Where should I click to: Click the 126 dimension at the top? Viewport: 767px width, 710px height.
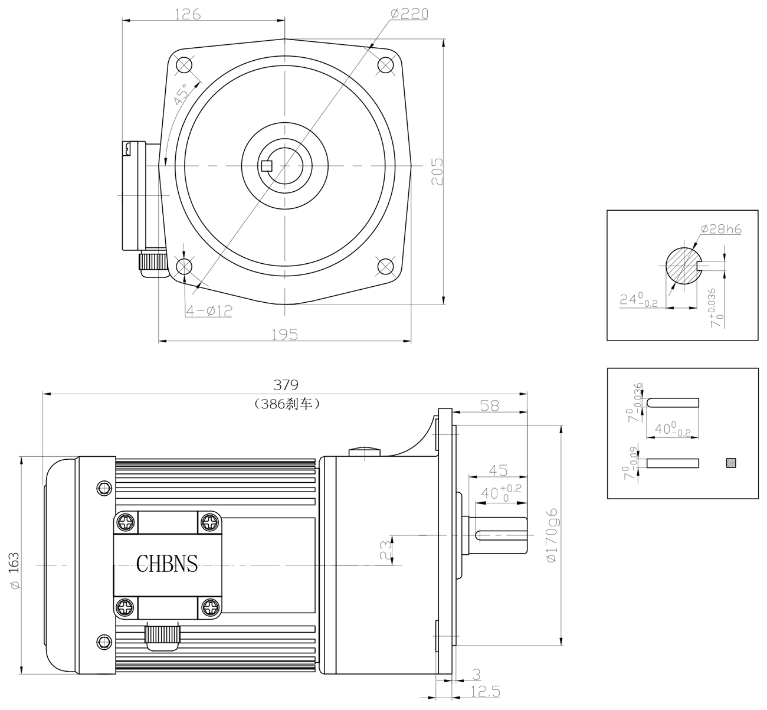(188, 14)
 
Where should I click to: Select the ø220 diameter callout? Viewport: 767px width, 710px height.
(409, 14)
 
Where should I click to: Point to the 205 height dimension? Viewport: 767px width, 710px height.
(437, 172)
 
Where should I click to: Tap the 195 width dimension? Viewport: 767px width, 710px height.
(284, 334)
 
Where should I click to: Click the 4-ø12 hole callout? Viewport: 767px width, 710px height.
(209, 310)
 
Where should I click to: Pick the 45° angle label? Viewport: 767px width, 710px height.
(181, 94)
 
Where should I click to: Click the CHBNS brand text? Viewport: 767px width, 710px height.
(167, 563)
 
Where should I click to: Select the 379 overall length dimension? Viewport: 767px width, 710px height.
(286, 385)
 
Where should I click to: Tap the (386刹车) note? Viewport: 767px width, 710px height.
(287, 404)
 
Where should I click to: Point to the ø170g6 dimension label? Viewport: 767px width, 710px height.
(552, 535)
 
